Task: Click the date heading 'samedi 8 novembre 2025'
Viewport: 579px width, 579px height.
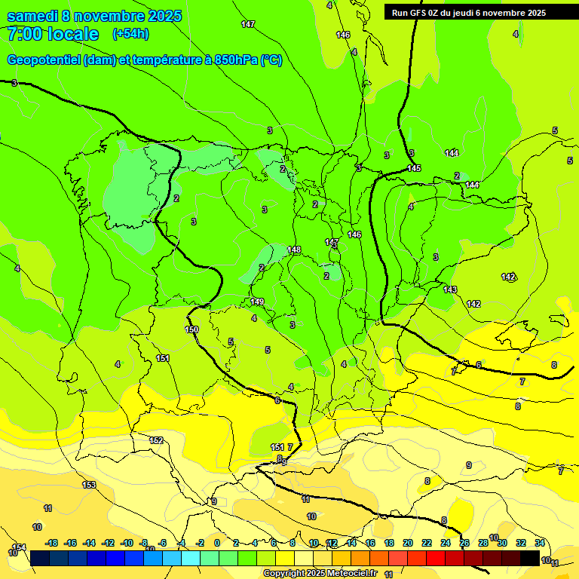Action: [94, 16]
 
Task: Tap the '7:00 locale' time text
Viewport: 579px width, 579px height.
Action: [53, 34]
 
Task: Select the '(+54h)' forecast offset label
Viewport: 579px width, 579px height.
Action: [130, 34]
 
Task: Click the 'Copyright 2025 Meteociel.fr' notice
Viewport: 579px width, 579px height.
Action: [320, 573]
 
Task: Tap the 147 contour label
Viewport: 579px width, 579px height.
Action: [248, 25]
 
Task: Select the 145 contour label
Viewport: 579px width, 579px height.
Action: [414, 168]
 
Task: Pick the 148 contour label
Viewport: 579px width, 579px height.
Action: [294, 250]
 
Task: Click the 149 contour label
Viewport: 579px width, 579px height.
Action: [258, 302]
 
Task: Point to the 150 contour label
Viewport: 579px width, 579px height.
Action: [192, 329]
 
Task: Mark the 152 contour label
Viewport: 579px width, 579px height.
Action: [157, 440]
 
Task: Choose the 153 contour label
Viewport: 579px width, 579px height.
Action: [89, 485]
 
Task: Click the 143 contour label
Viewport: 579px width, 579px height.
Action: [450, 289]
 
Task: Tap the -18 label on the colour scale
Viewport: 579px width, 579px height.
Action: [51, 543]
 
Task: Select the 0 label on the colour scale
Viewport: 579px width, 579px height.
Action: [217, 543]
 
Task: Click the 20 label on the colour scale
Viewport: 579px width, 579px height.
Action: [407, 543]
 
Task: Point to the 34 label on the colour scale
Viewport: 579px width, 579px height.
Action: [540, 543]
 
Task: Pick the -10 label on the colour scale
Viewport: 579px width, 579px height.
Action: [127, 543]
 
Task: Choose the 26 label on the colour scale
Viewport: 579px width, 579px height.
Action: [464, 543]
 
